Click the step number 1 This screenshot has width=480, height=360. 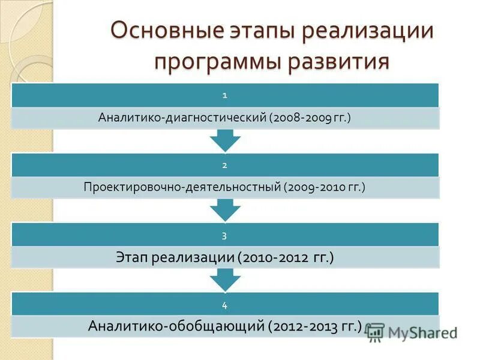225,95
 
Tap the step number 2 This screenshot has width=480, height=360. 225,164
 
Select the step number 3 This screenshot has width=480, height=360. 225,235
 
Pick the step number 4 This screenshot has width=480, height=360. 225,305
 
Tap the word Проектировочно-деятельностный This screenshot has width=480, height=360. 182,188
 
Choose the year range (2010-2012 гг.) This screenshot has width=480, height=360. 286,257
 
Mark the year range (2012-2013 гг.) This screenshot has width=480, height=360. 316,326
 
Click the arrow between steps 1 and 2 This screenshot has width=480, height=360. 225,140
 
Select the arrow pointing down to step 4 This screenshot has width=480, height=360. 225,280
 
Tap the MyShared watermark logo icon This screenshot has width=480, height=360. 376,332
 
